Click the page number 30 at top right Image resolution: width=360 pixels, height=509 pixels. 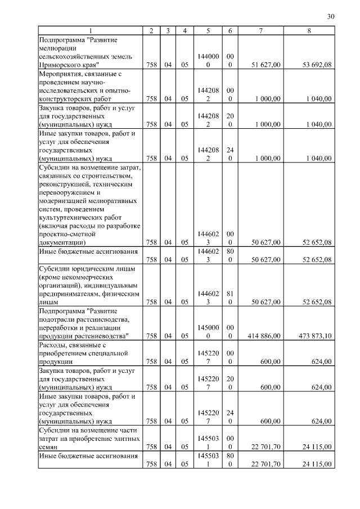(x=330, y=17)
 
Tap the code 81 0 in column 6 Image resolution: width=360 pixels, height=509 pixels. (x=230, y=297)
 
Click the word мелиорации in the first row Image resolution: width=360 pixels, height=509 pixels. (x=58, y=49)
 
